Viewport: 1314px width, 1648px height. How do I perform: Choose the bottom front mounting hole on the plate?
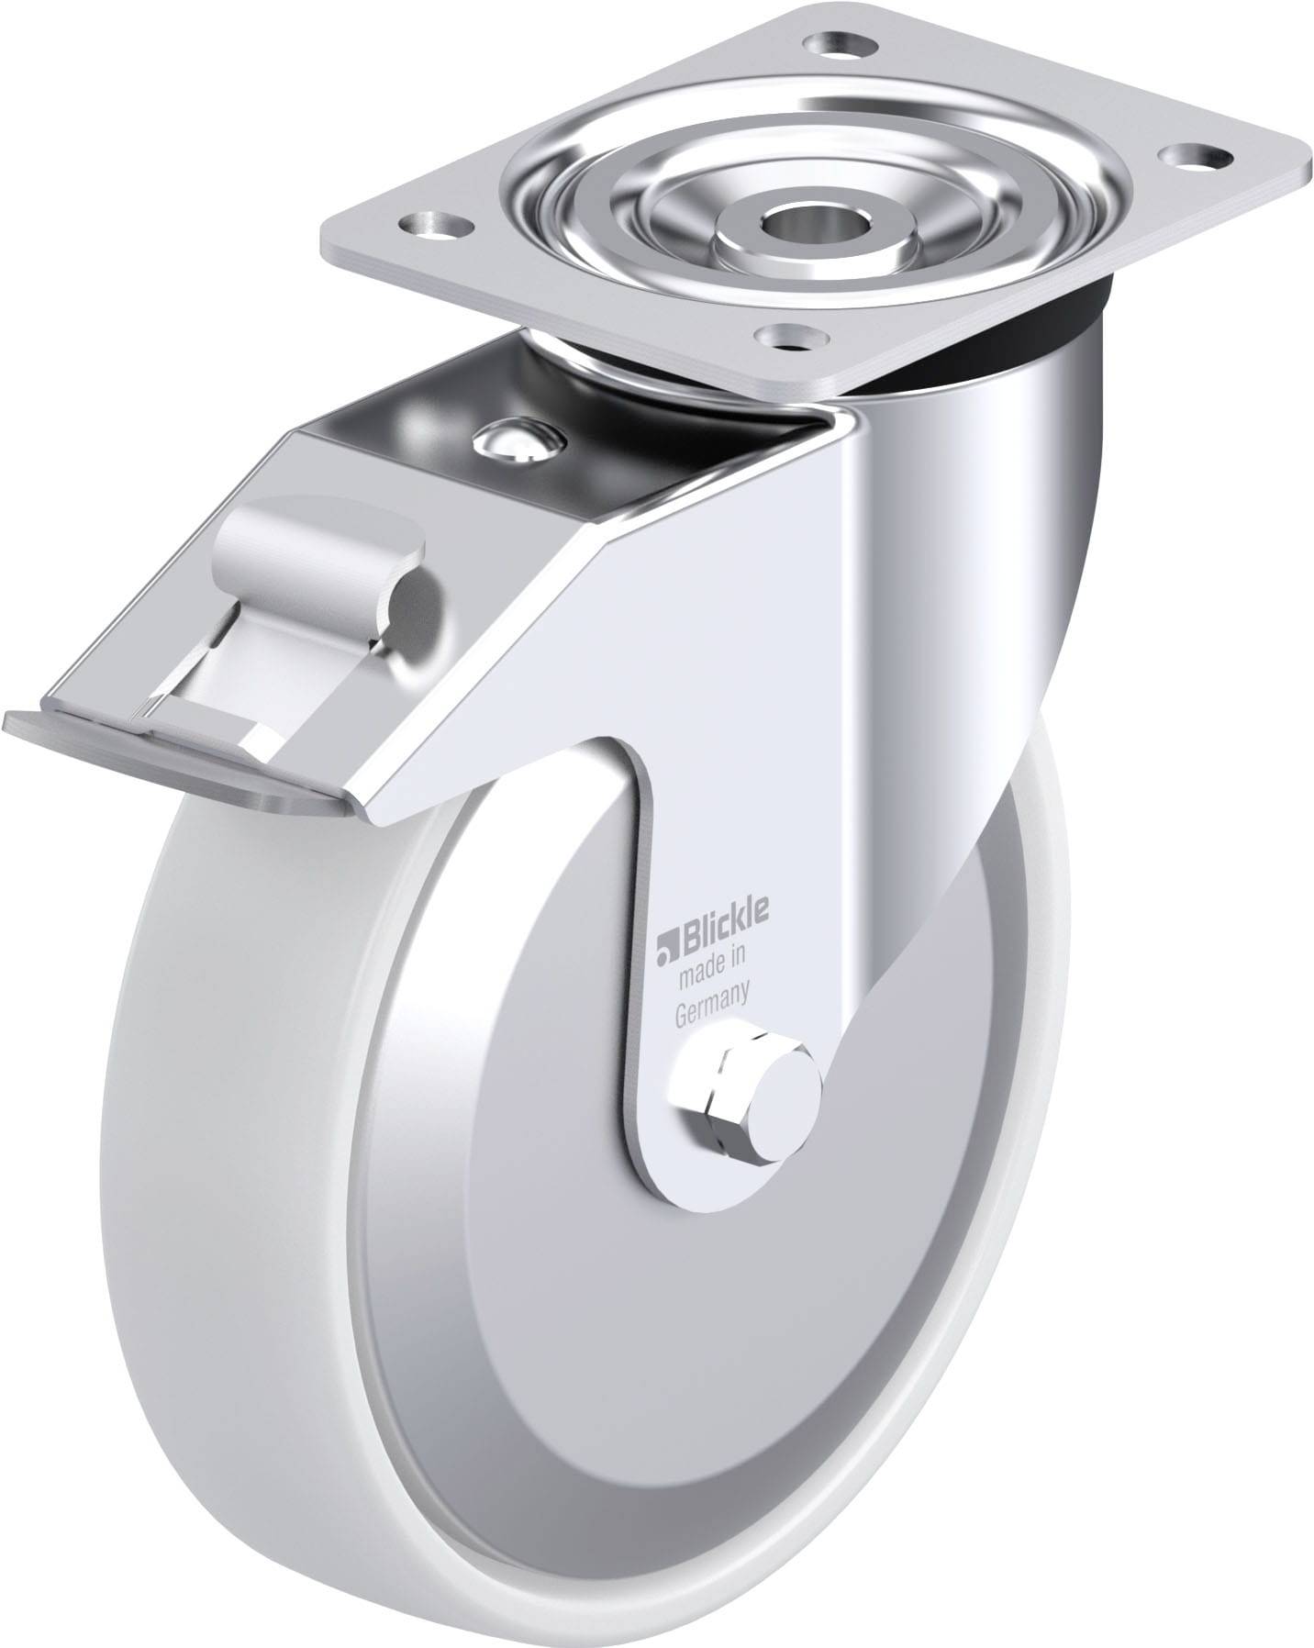tap(787, 336)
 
